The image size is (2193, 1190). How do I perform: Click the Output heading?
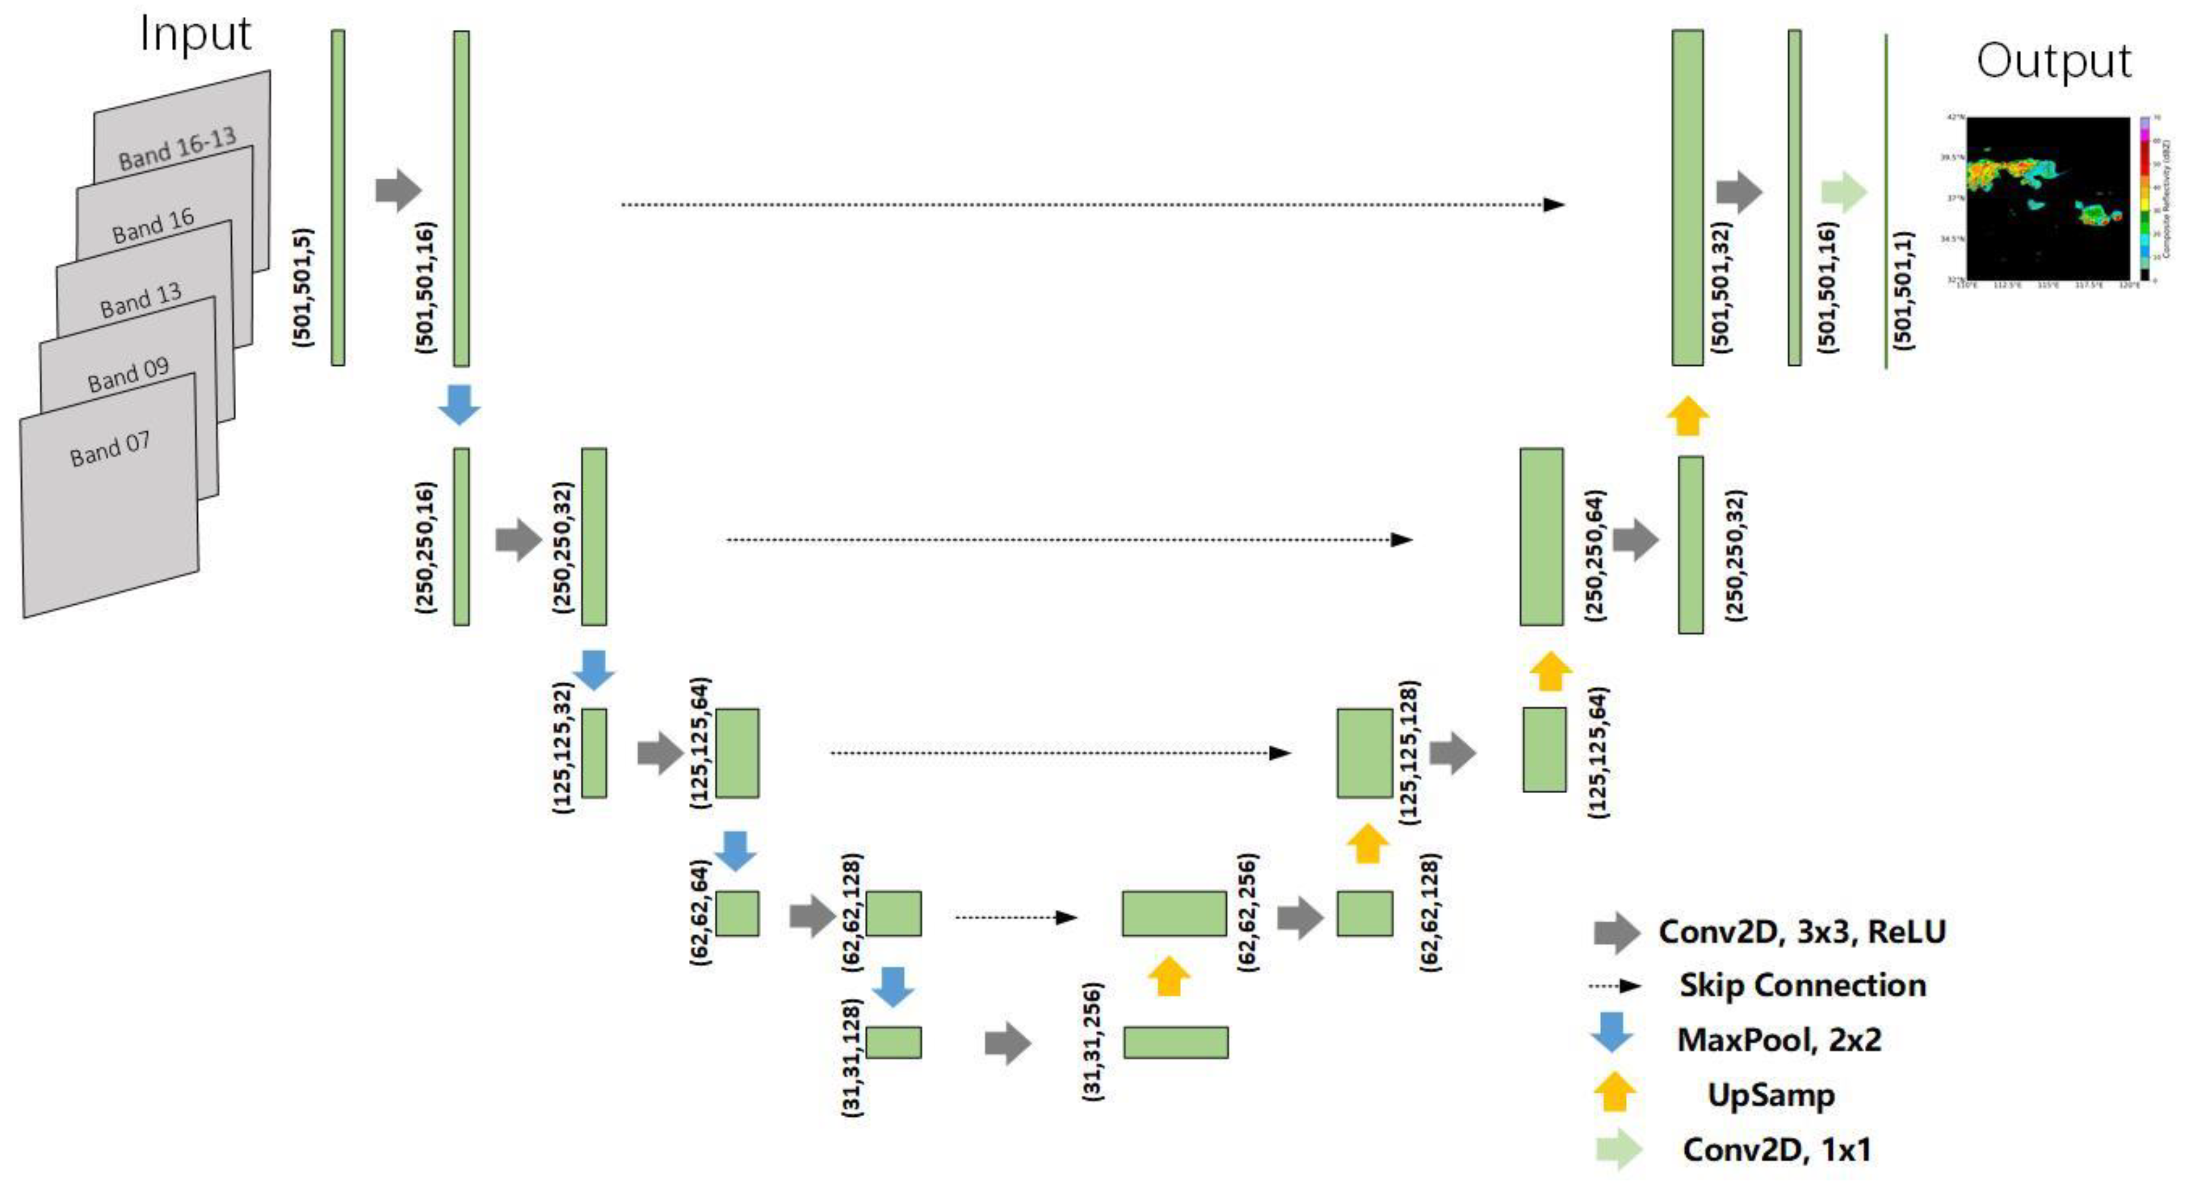(x=2053, y=61)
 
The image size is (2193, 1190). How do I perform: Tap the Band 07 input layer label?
(x=110, y=449)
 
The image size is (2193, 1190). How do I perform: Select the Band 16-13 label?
(x=176, y=149)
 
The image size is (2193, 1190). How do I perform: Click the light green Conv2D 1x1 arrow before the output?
(x=1843, y=192)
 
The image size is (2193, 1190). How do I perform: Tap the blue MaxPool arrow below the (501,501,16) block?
(x=459, y=404)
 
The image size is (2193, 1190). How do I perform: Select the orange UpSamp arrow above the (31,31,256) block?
(x=1169, y=975)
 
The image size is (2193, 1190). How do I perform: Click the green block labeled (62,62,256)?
(x=1174, y=913)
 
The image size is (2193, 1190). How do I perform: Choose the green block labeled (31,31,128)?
(x=893, y=1042)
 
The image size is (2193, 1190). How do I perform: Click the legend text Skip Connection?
(x=1802, y=985)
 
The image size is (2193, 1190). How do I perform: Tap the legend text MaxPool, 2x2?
(x=1779, y=1039)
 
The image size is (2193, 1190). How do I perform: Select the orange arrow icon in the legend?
(x=1613, y=1092)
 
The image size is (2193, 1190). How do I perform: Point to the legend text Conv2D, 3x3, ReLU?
(x=1801, y=931)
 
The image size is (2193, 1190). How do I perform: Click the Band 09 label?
(x=128, y=374)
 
